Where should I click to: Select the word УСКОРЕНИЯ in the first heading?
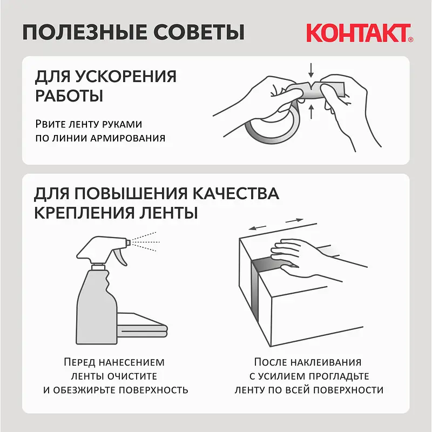pyautogui.click(x=126, y=76)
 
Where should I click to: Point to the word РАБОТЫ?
pyautogui.click(x=69, y=96)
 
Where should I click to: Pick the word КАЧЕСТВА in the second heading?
pyautogui.click(x=236, y=193)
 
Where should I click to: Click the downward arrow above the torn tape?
pyautogui.click(x=311, y=70)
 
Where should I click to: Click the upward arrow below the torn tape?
pyautogui.click(x=312, y=112)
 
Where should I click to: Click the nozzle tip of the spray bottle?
pyautogui.click(x=129, y=242)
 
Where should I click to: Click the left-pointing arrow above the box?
pyautogui.click(x=257, y=227)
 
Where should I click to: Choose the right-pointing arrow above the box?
pyautogui.click(x=294, y=220)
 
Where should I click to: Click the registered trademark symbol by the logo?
pyautogui.click(x=410, y=39)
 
